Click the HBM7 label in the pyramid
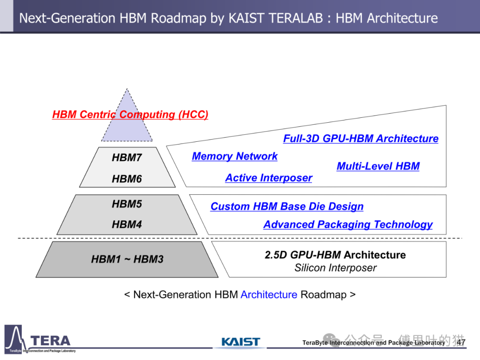(x=127, y=157)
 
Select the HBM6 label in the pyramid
(x=127, y=179)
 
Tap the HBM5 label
(x=127, y=204)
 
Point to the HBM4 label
(x=127, y=224)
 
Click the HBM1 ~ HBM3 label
(x=128, y=259)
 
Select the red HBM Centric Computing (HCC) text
(x=130, y=115)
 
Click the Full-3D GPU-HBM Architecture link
(x=360, y=139)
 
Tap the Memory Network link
(x=235, y=156)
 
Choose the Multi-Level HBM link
(x=378, y=166)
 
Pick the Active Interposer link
(x=269, y=178)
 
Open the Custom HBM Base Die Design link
(x=287, y=207)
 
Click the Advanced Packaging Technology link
(x=348, y=225)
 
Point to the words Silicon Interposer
(x=336, y=268)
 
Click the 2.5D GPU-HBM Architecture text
(x=335, y=255)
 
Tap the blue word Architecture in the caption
(x=269, y=295)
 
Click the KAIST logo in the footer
(x=240, y=342)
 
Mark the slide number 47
(x=461, y=342)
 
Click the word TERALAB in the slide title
(x=276, y=18)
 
